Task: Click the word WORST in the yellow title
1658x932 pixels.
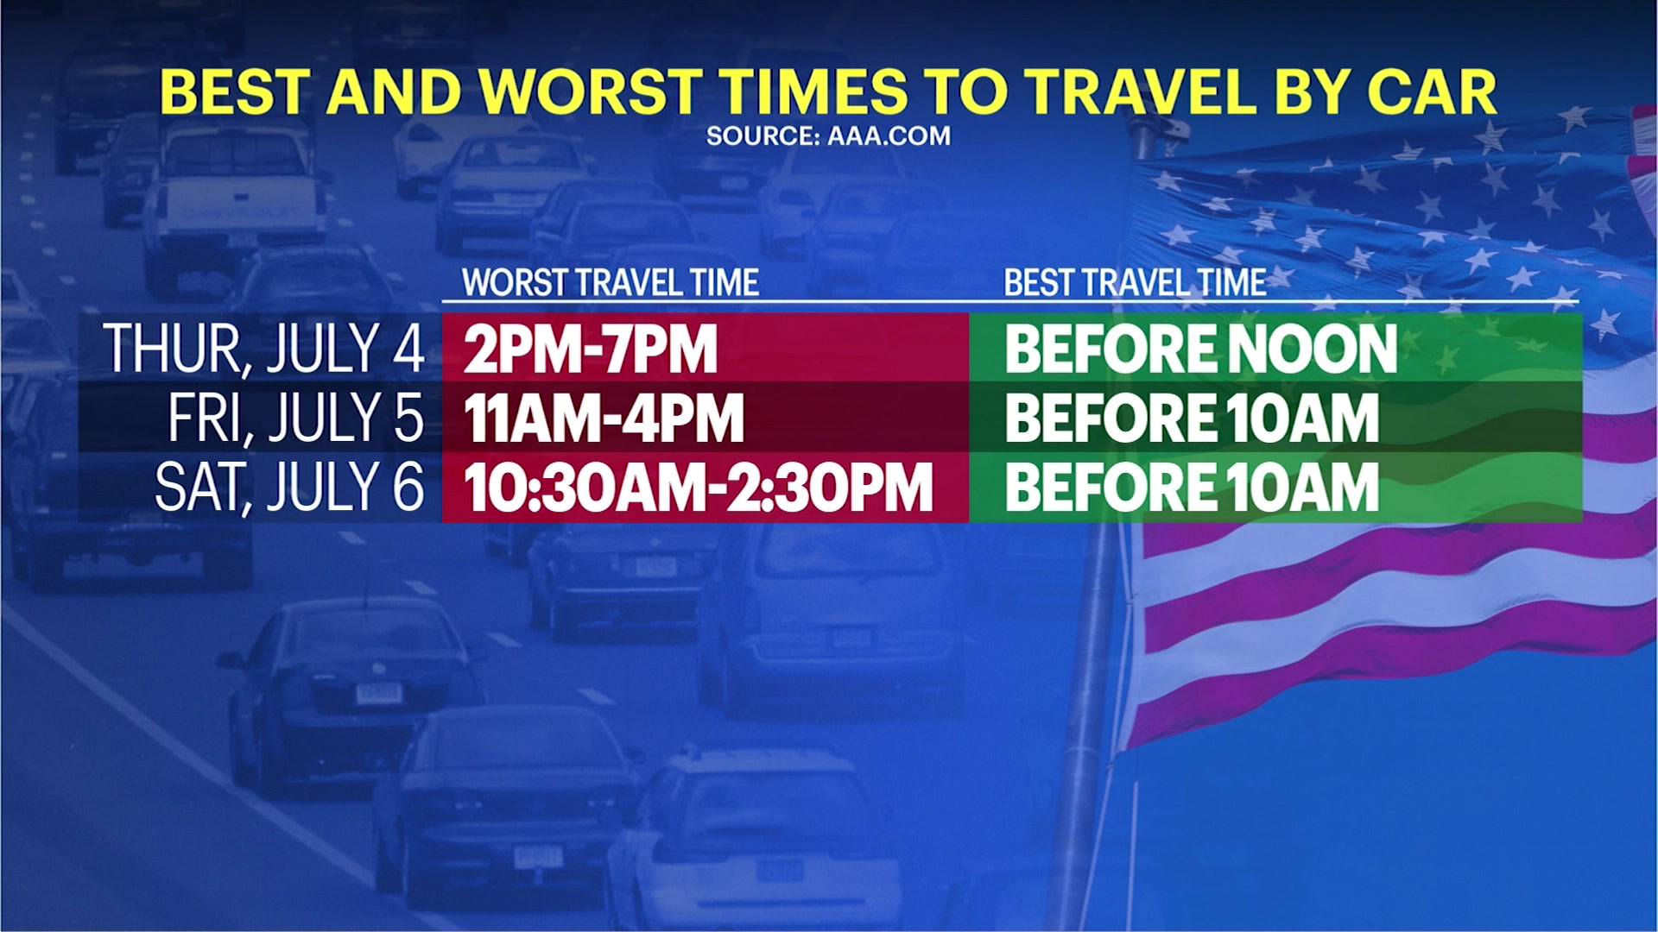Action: (591, 92)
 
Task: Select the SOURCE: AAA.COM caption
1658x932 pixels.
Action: (828, 136)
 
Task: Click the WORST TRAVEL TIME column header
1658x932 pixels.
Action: (611, 283)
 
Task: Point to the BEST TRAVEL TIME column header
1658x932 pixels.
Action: (1135, 283)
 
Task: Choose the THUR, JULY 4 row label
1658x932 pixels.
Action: (264, 349)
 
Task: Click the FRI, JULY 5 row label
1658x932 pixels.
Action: (296, 418)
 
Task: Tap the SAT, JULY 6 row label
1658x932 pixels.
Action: (290, 487)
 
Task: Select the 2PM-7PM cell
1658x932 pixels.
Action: (591, 349)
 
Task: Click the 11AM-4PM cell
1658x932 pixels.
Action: (604, 419)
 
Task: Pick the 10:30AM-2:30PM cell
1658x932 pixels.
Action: (699, 488)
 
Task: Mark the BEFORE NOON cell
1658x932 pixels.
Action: (1201, 349)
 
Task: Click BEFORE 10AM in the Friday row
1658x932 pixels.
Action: (1193, 419)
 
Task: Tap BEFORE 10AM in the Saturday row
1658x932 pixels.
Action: (1193, 488)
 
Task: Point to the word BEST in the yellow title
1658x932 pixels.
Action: (234, 92)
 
